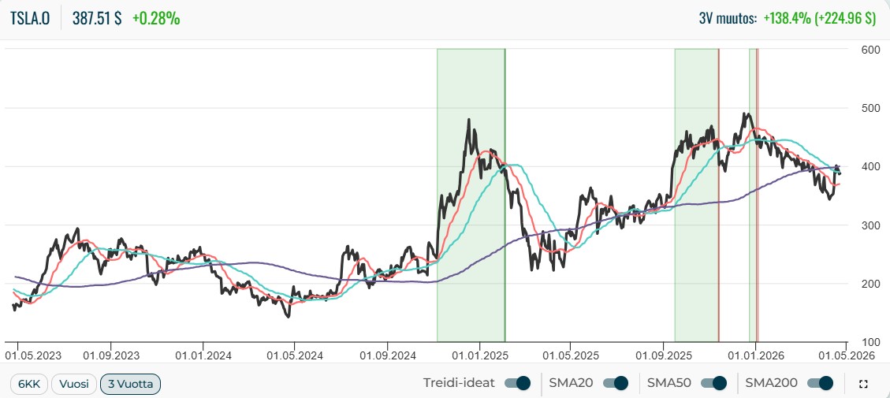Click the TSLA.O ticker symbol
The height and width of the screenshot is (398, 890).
pyautogui.click(x=30, y=18)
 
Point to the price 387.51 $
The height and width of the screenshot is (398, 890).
pyautogui.click(x=96, y=18)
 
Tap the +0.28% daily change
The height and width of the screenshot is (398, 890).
pyautogui.click(x=156, y=18)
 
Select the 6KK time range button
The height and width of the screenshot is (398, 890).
pyautogui.click(x=29, y=384)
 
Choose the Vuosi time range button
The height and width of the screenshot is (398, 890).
pyautogui.click(x=74, y=384)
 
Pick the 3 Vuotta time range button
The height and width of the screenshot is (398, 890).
pyautogui.click(x=131, y=384)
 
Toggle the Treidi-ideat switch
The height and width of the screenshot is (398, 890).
pyautogui.click(x=518, y=383)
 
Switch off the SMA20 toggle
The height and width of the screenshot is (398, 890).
pyautogui.click(x=616, y=383)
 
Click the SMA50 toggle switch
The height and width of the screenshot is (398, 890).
pyautogui.click(x=713, y=383)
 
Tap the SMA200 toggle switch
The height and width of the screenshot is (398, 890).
pyautogui.click(x=820, y=383)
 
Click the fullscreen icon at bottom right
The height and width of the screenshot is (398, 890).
pyautogui.click(x=863, y=385)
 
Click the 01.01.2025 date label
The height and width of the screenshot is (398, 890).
pyautogui.click(x=479, y=356)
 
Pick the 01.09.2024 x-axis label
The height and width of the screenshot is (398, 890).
pyautogui.click(x=387, y=356)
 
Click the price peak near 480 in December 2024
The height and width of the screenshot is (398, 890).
pyautogui.click(x=469, y=119)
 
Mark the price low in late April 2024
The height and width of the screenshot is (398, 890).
pyautogui.click(x=289, y=316)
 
